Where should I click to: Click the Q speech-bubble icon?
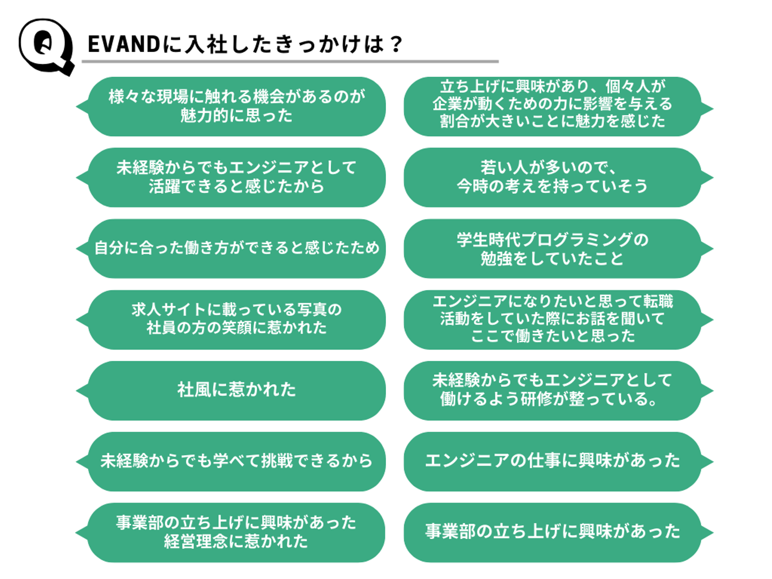click(x=46, y=46)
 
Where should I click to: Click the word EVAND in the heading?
click(x=123, y=44)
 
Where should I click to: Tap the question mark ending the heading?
click(x=396, y=44)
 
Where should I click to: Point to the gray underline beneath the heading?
click(x=289, y=62)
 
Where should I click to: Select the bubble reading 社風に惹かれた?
click(x=236, y=390)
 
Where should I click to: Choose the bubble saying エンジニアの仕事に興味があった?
click(x=552, y=461)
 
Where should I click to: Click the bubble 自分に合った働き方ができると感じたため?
click(x=236, y=248)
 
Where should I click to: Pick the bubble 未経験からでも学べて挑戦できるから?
click(x=236, y=461)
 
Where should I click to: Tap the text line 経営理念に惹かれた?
click(x=236, y=541)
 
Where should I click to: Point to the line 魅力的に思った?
click(x=236, y=115)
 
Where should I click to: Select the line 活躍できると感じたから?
click(x=236, y=186)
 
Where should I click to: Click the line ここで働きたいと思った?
click(x=552, y=336)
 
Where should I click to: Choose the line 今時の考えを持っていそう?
click(x=552, y=186)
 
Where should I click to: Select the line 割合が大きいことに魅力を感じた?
click(x=552, y=121)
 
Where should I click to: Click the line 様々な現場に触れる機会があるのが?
click(x=236, y=96)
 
